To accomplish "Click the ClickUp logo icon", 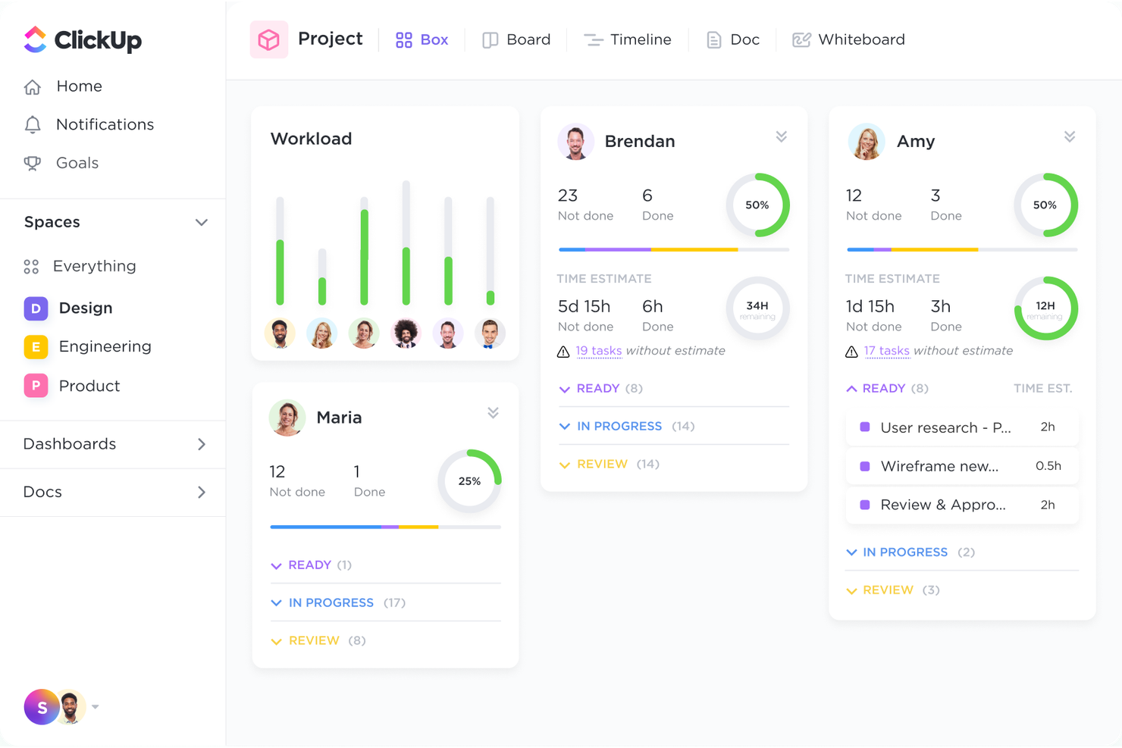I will [x=36, y=39].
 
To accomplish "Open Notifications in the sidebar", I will [x=105, y=124].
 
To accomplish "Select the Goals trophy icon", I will [x=32, y=163].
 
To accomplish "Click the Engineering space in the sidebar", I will [x=105, y=346].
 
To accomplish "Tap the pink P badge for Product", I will [x=36, y=386].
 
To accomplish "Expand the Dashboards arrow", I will [x=201, y=444].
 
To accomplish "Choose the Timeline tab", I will [x=628, y=39].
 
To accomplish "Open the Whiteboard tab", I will [x=848, y=39].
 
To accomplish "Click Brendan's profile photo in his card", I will [x=575, y=142].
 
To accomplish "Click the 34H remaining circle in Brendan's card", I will [x=757, y=308].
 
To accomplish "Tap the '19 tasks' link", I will [x=598, y=351].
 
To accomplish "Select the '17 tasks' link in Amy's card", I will [x=886, y=351].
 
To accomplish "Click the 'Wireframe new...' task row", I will [x=939, y=466].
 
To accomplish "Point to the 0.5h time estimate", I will [x=1048, y=466].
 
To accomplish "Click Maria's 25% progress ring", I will [x=469, y=481].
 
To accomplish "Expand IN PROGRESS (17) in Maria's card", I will [x=331, y=602].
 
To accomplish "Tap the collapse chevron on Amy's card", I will [x=1069, y=137].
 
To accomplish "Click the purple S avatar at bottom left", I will [x=42, y=707].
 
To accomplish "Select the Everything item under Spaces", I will [x=94, y=266].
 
